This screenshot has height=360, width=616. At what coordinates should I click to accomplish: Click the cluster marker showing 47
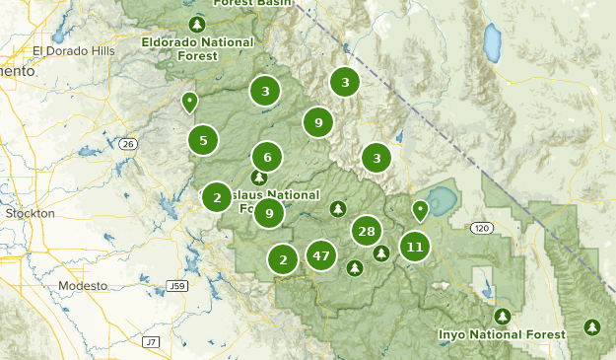320,255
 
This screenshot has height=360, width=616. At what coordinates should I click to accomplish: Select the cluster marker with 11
415,247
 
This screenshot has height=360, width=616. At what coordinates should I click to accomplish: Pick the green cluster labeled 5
203,141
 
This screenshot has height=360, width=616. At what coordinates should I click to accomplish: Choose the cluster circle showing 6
267,157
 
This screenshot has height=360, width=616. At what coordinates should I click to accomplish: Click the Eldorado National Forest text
197,49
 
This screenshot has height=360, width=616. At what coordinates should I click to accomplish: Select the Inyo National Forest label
503,334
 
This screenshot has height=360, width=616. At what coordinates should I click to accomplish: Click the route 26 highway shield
127,144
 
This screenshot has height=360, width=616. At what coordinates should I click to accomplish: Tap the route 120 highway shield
480,228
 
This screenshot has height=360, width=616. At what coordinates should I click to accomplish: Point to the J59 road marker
176,286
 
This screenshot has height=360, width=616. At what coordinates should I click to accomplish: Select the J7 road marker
150,341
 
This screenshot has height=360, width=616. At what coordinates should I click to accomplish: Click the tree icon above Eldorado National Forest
197,24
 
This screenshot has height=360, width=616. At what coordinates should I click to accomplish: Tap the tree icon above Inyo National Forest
503,317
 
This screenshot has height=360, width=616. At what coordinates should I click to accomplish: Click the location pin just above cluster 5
189,101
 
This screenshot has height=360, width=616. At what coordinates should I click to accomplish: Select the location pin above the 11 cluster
421,209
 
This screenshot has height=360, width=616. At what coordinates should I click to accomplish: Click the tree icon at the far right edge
591,326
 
